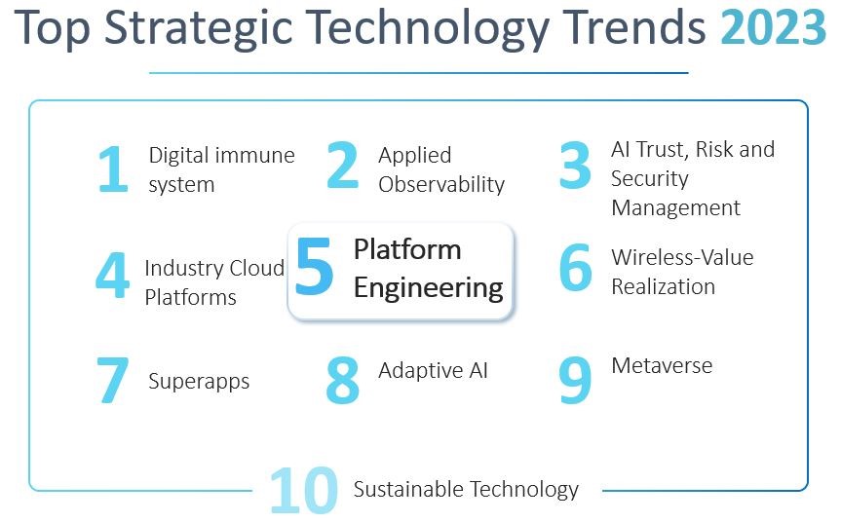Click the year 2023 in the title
[x=773, y=27]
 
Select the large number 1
[x=113, y=168]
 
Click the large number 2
[x=343, y=165]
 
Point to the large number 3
[x=575, y=165]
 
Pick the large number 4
[x=113, y=275]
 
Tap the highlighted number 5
[x=314, y=266]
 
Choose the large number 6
[x=576, y=267]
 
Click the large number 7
[x=113, y=380]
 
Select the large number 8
[x=343, y=380]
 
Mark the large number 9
[x=575, y=380]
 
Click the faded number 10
[x=304, y=491]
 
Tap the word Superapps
[x=199, y=382]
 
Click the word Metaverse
[x=662, y=365]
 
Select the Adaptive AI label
[x=434, y=371]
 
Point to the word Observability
[x=441, y=184]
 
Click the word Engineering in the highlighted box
[x=429, y=288]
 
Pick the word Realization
[x=664, y=286]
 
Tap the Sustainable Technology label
[x=466, y=489]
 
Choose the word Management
[x=675, y=208]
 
